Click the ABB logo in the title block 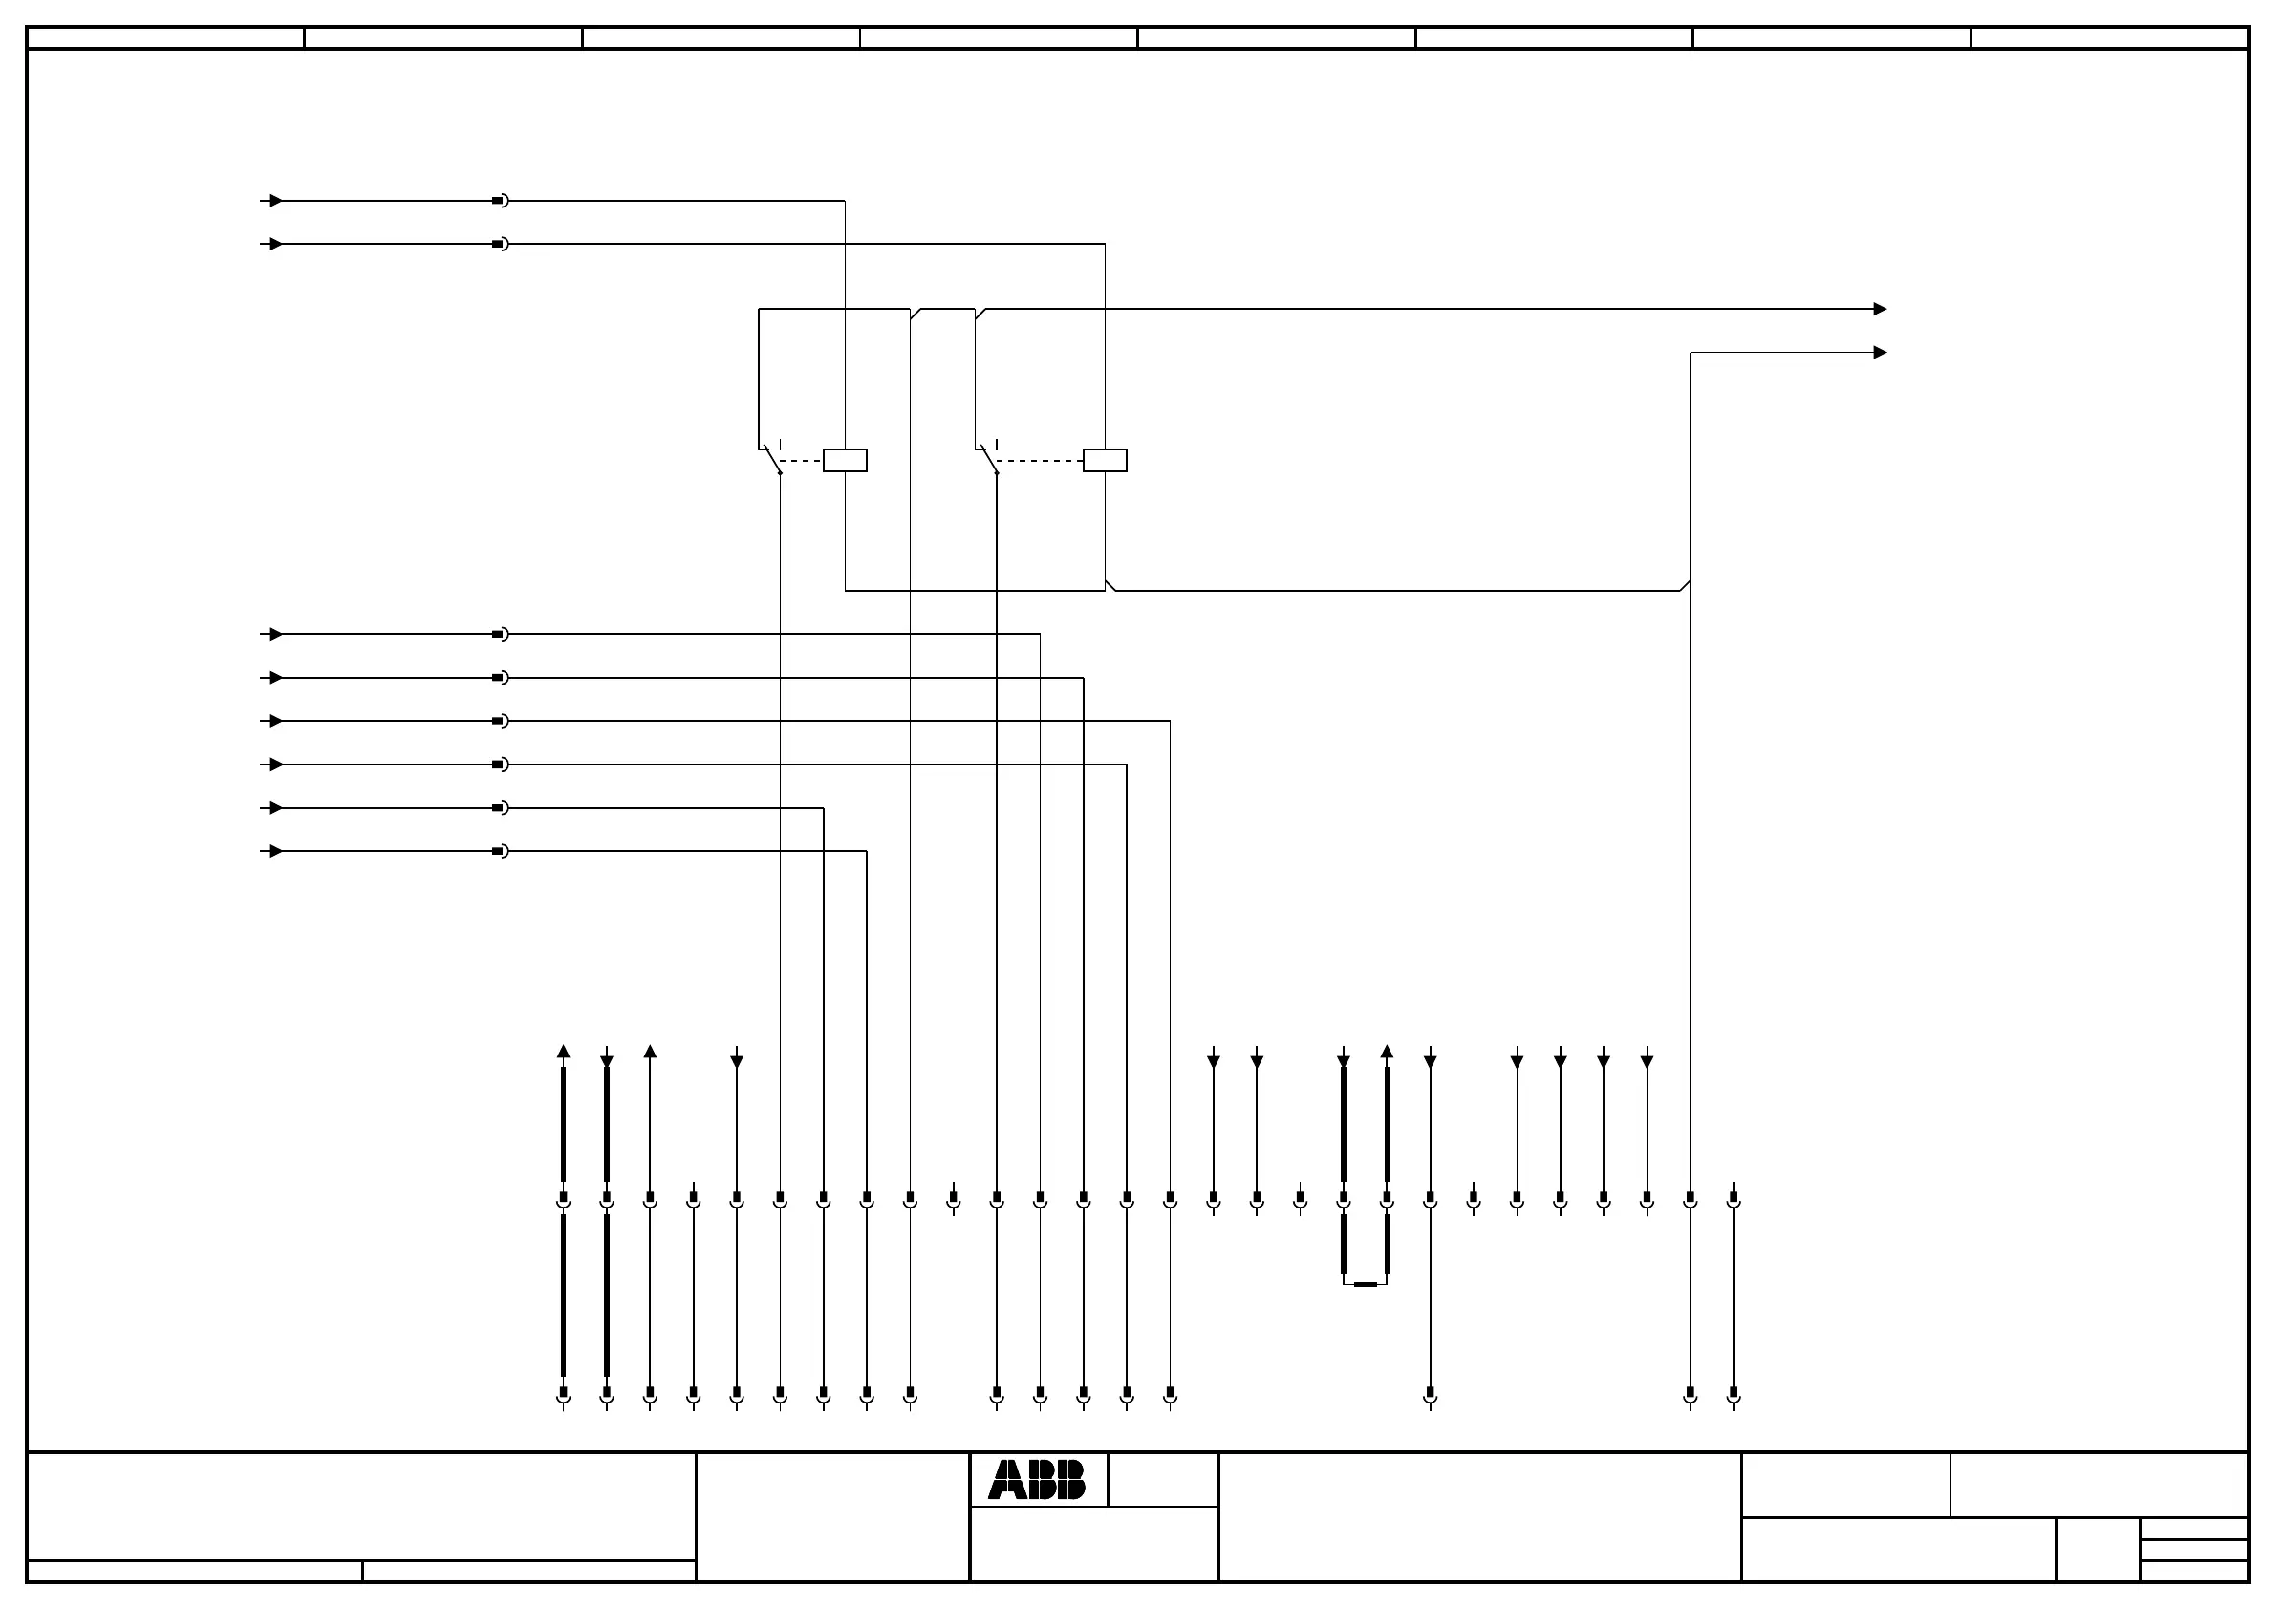click(x=1037, y=1480)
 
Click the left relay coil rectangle click(x=845, y=461)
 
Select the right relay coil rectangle click(x=1104, y=461)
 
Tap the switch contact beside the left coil click(x=772, y=459)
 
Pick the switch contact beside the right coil click(x=989, y=459)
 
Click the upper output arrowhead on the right click(x=1879, y=310)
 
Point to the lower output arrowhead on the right click(x=1879, y=352)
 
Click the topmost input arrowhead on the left click(x=275, y=201)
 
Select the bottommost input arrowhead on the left click(x=275, y=851)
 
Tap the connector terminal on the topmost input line click(x=501, y=201)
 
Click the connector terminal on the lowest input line click(x=501, y=851)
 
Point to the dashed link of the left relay click(x=802, y=461)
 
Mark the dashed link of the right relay click(x=1040, y=461)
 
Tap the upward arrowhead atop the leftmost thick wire click(x=563, y=1052)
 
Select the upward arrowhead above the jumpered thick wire click(x=1387, y=1052)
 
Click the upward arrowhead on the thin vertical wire click(x=650, y=1052)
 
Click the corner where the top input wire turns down click(x=845, y=201)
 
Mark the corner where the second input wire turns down click(x=1104, y=244)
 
